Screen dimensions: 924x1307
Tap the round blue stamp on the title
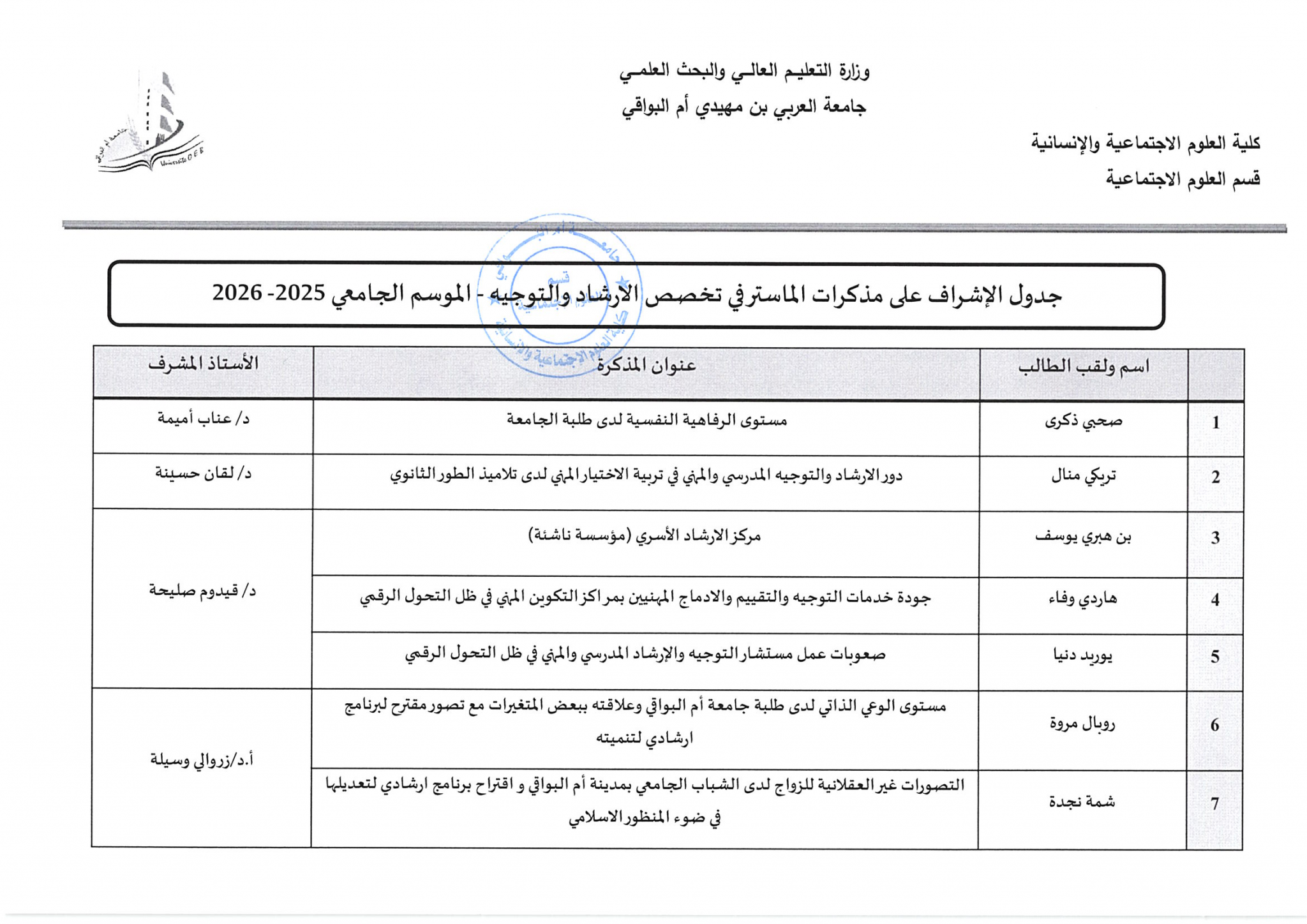pos(559,295)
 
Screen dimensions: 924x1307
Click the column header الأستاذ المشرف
pos(203,364)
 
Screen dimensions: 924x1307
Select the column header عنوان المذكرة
pos(646,366)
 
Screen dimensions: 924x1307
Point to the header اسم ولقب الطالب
pos(1083,366)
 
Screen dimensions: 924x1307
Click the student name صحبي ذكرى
pos(1083,421)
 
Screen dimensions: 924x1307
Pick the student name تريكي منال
pos(1083,476)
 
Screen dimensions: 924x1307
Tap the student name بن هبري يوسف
pos(1083,537)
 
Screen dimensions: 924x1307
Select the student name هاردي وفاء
pos(1083,599)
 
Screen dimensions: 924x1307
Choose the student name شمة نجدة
pos(1082,802)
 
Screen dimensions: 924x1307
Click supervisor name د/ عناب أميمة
pos(203,419)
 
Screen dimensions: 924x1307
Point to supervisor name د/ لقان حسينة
pos(203,474)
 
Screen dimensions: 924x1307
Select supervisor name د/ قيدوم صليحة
pos(202,591)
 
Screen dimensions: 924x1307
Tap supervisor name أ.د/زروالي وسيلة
pos(202,760)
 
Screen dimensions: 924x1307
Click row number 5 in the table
pos(1215,657)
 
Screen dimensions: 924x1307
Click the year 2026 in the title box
pos(237,293)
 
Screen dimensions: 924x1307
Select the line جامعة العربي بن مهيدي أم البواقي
pos(743,107)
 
